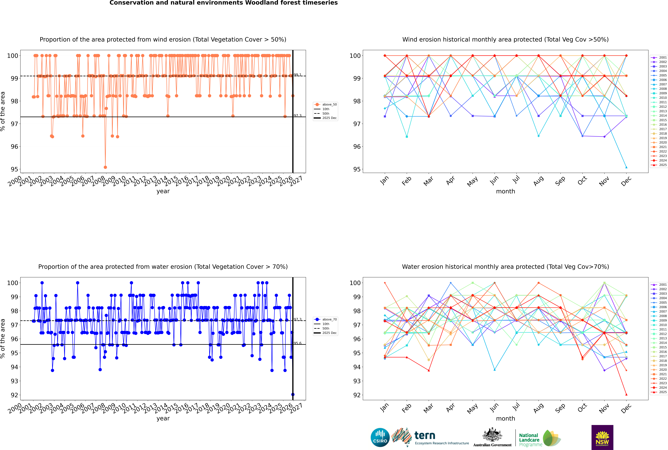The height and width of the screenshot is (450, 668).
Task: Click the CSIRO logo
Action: point(380,437)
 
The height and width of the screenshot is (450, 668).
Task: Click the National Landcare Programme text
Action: point(529,440)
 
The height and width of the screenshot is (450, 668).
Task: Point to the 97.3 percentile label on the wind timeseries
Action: point(298,115)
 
